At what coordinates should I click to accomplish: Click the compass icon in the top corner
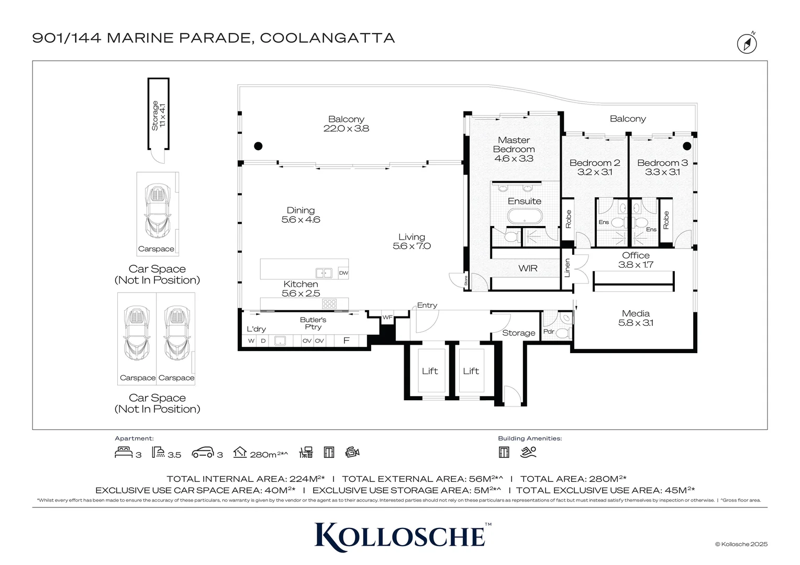point(747,43)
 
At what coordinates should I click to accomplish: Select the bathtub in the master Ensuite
point(525,216)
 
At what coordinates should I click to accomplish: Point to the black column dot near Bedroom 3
point(687,146)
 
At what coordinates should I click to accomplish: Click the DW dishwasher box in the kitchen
point(343,273)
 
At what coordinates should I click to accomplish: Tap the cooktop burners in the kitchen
point(329,304)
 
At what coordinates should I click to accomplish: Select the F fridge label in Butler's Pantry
point(346,341)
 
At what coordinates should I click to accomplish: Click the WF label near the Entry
point(387,318)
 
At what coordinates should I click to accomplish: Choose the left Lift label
point(430,371)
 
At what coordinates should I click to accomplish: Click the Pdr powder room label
point(549,332)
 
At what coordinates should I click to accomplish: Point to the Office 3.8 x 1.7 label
point(636,260)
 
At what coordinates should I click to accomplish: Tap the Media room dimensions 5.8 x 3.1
point(636,323)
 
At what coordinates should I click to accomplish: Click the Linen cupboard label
point(567,268)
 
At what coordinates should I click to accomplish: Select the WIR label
point(528,268)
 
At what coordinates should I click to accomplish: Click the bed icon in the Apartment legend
point(124,452)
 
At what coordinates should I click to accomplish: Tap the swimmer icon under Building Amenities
point(528,452)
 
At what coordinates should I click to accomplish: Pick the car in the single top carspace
point(158,211)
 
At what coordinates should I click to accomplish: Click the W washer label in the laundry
point(251,341)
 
